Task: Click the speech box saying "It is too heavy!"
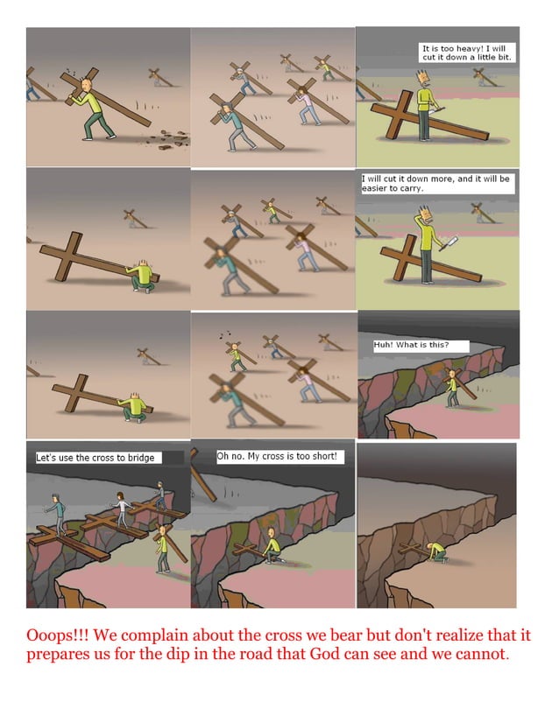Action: tap(467, 53)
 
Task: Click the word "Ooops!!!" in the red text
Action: tap(57, 635)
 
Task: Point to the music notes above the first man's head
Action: tap(71, 73)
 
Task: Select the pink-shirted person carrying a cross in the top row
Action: tap(308, 106)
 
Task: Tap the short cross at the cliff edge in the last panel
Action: tap(412, 550)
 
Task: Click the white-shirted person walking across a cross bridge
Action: tap(122, 509)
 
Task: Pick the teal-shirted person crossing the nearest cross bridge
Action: tap(57, 515)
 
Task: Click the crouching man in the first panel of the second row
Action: tap(141, 277)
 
